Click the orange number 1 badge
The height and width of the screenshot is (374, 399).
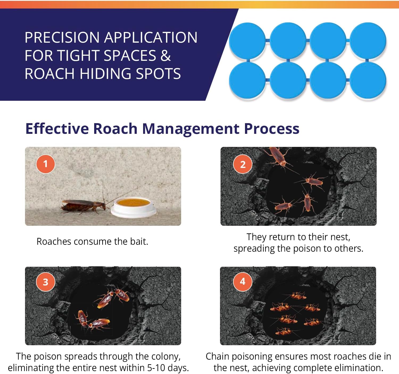45,164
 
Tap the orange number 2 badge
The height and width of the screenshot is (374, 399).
243,164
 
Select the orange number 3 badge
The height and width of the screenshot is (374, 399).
45,282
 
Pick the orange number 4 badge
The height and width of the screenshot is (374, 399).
243,281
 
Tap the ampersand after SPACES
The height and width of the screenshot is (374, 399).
165,55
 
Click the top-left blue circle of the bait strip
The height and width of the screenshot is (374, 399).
247,40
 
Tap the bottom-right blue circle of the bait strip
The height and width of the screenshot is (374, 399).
368,80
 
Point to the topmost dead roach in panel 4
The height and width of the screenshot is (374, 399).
297,295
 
